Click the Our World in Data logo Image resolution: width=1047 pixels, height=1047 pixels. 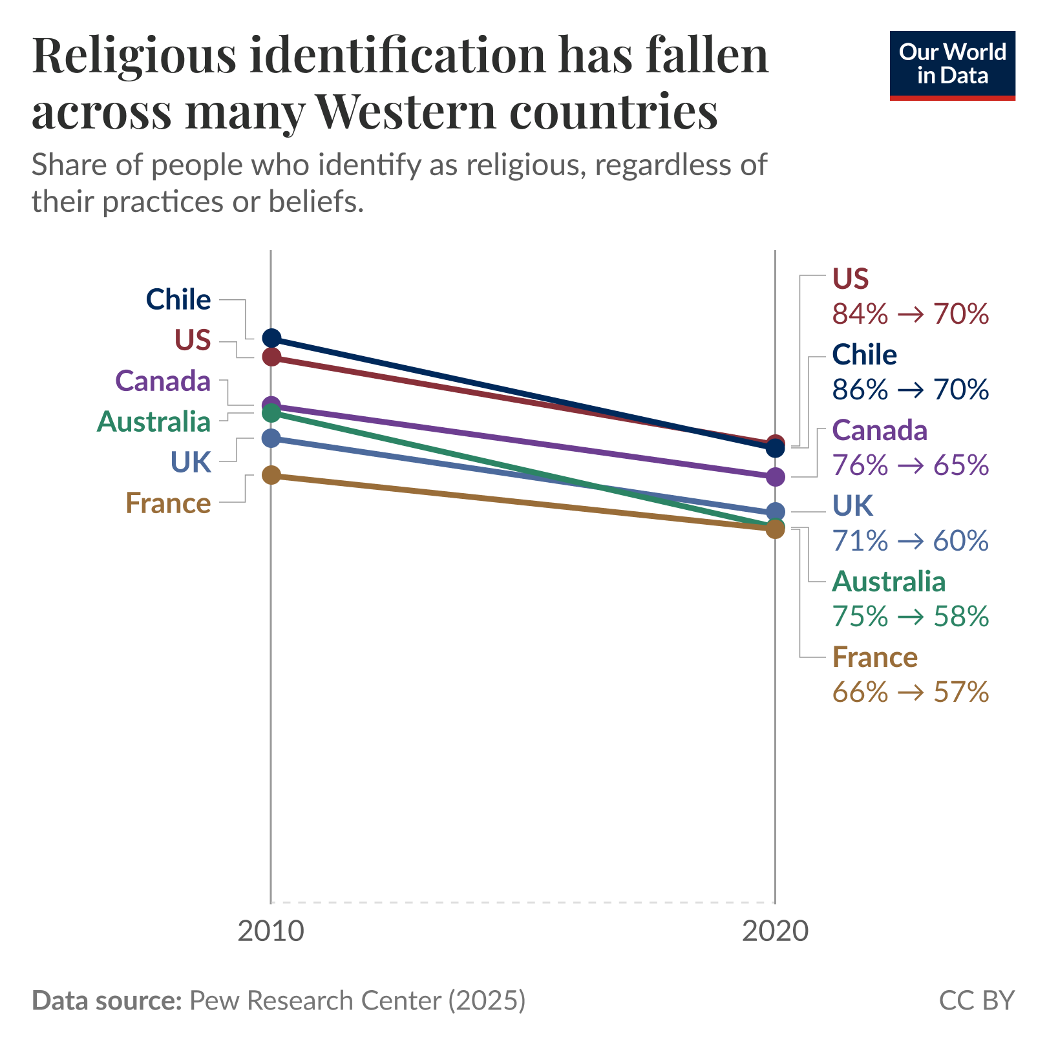coord(952,65)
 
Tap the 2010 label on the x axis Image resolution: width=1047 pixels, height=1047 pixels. coord(270,931)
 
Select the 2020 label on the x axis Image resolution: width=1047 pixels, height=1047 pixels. coord(775,931)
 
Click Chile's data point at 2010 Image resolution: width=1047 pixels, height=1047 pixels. coord(271,337)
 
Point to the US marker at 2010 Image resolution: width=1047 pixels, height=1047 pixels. coord(271,357)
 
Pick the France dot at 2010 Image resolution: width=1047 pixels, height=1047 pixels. coord(271,475)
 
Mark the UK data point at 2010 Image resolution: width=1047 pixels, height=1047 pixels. coord(271,438)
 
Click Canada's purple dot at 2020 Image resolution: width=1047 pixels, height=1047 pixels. coord(776,477)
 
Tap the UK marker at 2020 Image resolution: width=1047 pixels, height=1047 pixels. coord(776,512)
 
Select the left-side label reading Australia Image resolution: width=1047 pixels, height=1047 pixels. coord(154,422)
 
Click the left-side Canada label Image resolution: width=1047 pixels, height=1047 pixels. coord(163,381)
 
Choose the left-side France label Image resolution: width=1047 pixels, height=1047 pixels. coord(168,503)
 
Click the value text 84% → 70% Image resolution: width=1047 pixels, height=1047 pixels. coord(910,314)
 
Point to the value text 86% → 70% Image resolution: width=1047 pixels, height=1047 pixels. coord(910,390)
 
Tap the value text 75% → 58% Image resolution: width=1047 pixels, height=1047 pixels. coord(910,617)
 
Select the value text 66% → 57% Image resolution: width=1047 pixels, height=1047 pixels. coord(910,692)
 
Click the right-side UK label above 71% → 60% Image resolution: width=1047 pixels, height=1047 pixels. coord(852,506)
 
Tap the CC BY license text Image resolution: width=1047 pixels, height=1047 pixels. coord(977,1000)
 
